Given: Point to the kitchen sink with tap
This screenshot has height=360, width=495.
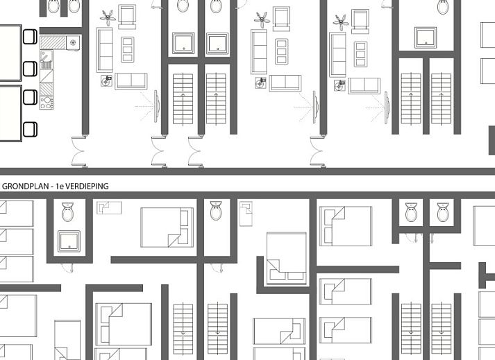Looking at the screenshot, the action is tap(46, 60).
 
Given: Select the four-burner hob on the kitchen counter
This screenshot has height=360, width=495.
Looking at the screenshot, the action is tap(47, 103).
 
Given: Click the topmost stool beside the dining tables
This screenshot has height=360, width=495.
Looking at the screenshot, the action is tap(30, 37).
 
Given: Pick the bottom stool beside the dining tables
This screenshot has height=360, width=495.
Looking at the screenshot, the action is tap(30, 129).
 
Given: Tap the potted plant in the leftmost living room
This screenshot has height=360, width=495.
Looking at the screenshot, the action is tap(108, 17).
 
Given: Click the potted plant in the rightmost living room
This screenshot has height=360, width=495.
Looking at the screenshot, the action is tap(341, 22).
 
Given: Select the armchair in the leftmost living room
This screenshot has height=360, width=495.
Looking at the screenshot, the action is tap(127, 17).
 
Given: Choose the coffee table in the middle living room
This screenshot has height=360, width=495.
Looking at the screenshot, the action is tap(282, 51).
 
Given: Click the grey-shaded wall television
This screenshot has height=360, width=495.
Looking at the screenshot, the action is tap(387, 108).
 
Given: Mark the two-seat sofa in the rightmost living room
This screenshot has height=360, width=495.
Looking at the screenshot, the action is tap(364, 85).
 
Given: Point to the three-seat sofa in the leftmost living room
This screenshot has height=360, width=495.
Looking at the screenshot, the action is tap(105, 50).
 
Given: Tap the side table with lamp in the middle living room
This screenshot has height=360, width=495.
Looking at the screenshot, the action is tap(260, 83).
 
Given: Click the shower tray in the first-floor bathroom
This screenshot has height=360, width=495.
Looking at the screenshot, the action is tap(69, 241).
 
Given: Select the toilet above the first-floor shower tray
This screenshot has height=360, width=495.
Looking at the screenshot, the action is tap(68, 212).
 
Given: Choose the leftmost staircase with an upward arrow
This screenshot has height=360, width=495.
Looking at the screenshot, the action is tap(183, 98).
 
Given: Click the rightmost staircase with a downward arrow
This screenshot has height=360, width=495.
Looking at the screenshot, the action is tap(441, 329).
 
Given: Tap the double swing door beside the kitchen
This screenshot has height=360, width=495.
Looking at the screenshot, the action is tap(79, 151).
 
